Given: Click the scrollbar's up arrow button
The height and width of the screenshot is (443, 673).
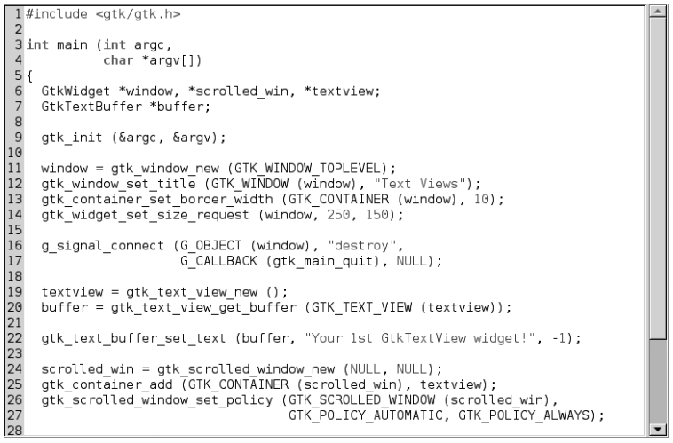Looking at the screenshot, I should click(x=658, y=12).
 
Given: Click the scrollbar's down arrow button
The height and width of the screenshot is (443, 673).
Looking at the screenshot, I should click(x=658, y=431).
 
